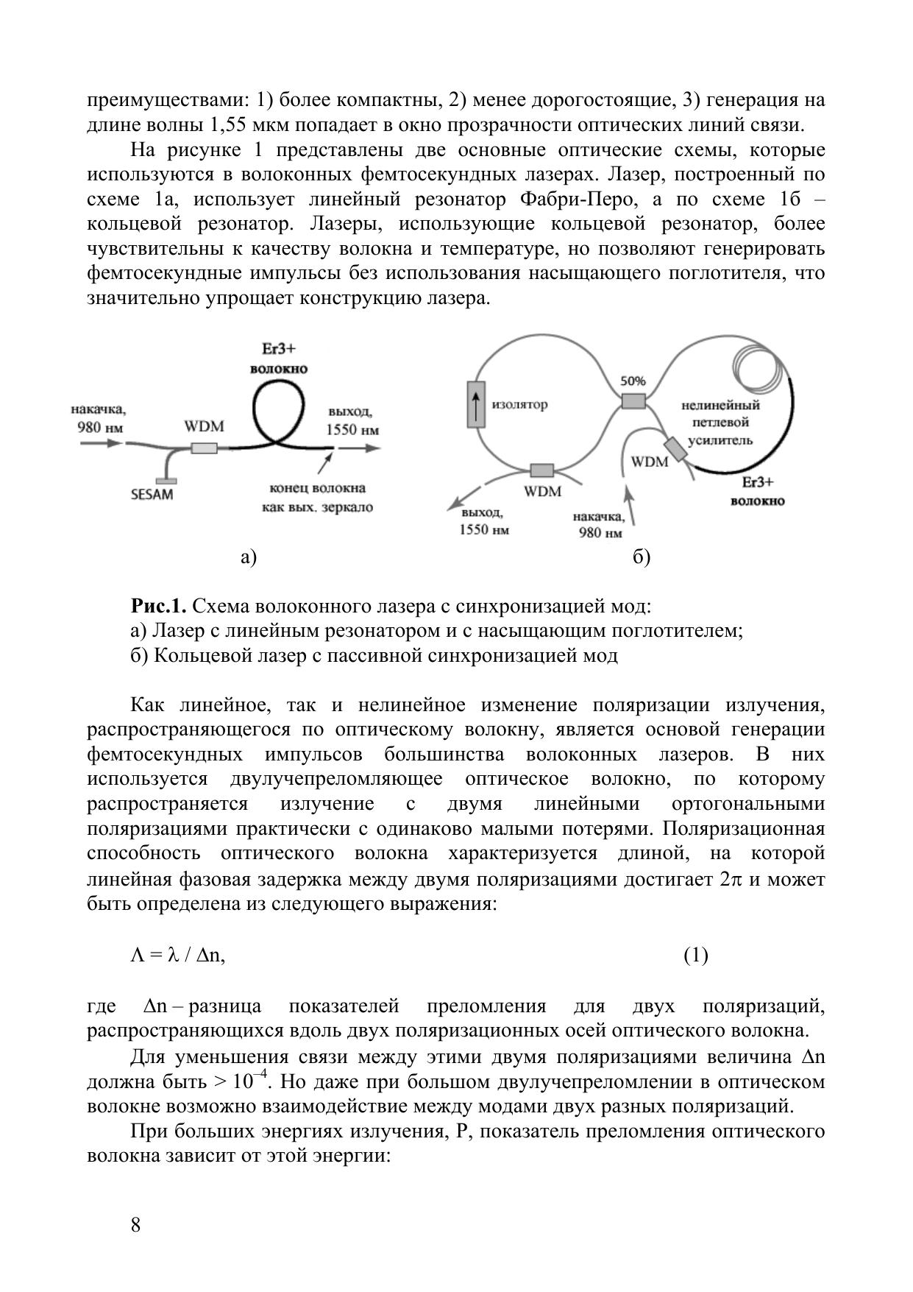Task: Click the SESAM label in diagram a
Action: tap(152, 494)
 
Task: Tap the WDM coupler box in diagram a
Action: tap(204, 448)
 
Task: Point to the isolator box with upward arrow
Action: tap(476, 404)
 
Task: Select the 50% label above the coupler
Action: tap(633, 381)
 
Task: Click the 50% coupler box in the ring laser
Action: tap(633, 401)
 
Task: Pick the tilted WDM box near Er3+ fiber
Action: tap(675, 450)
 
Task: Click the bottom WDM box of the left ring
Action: tap(542, 470)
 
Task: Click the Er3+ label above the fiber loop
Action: tap(279, 348)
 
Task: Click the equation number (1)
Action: tap(695, 955)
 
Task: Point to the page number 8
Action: tap(135, 1224)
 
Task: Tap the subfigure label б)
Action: tap(641, 557)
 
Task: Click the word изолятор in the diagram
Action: tap(519, 404)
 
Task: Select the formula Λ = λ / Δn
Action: tap(177, 955)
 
